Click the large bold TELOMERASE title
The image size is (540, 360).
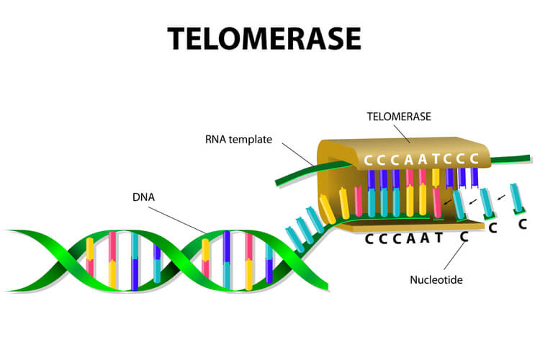coord(264,38)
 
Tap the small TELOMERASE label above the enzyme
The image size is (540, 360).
coord(399,117)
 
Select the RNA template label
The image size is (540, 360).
coord(238,139)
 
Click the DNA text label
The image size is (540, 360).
coord(143,197)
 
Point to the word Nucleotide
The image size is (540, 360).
coord(436,280)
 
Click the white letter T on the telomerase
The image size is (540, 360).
coord(436,159)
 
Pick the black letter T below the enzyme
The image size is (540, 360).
coord(438,238)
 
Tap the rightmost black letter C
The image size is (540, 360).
coord(523,224)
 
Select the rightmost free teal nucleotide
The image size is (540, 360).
coord(516,199)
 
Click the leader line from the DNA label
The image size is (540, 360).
coord(177,220)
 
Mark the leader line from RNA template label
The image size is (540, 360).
coord(297,154)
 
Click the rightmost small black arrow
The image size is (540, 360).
coord(500,197)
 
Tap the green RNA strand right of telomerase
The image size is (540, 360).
coord(510,159)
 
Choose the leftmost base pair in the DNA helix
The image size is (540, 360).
coord(90,256)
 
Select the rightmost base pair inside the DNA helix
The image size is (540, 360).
coord(269,264)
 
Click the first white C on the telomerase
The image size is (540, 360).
coord(368,161)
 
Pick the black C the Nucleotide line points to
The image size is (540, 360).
coord(464,236)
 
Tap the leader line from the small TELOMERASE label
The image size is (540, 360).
coord(402,134)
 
